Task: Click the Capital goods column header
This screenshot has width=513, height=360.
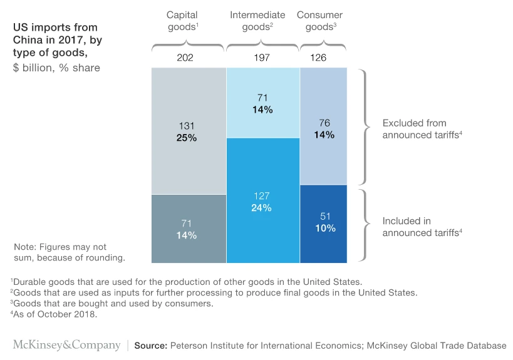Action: pos(183,21)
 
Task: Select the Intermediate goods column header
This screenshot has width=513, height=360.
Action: pos(257,21)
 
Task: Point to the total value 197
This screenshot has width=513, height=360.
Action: pos(262,58)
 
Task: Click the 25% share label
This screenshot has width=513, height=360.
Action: pos(187,138)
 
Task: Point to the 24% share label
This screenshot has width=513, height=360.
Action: pos(262,208)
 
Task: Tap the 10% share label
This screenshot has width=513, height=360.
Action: pos(326,229)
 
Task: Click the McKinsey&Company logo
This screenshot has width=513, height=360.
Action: pos(67,345)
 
